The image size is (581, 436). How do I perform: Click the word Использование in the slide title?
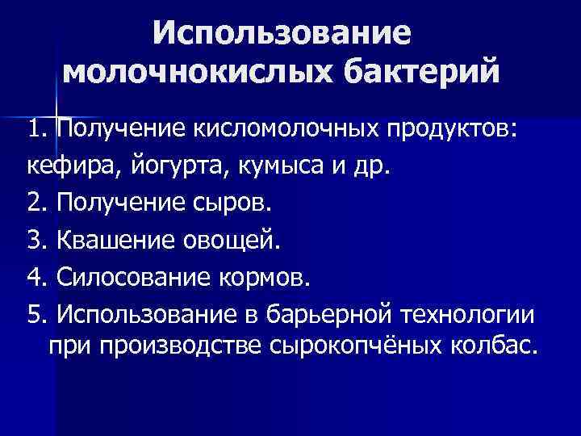click(x=282, y=35)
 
